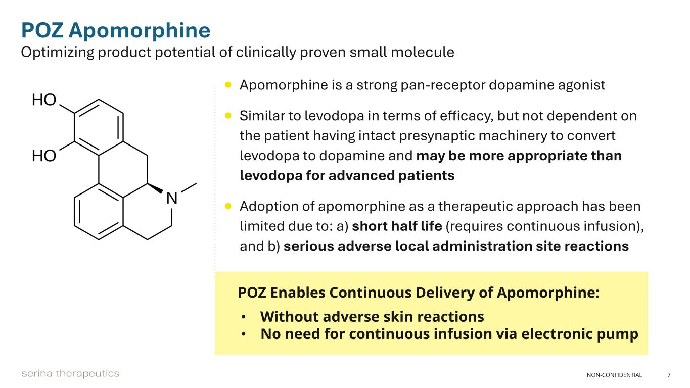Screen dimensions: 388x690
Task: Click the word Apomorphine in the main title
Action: coord(139,31)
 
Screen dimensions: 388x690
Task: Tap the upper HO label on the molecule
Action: coord(44,100)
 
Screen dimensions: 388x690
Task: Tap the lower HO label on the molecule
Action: coord(44,156)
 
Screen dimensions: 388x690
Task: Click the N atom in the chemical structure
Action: coord(172,199)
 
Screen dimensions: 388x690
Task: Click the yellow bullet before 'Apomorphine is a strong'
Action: coord(228,85)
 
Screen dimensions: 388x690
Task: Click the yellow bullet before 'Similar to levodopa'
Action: coord(228,116)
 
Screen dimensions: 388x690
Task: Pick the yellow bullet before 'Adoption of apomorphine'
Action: coord(228,206)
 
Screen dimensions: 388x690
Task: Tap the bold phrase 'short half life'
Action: coord(397,226)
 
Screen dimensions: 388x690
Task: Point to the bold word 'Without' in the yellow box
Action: coord(289,317)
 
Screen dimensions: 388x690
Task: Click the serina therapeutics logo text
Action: coord(70,374)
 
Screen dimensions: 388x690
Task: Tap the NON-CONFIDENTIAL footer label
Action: coord(614,375)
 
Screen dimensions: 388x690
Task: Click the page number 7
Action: coord(669,375)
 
